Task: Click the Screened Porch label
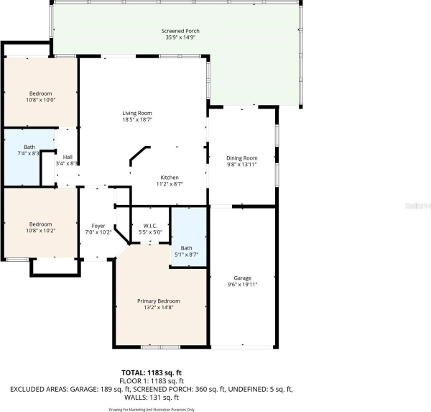point(180,31)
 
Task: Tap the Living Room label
point(136,113)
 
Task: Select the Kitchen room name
point(170,178)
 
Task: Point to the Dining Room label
point(241,158)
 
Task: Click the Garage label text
point(241,278)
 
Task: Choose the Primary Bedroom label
point(159,301)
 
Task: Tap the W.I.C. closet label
point(150,225)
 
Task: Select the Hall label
point(68,157)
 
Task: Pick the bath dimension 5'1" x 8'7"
point(186,255)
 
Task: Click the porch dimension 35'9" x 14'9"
point(180,38)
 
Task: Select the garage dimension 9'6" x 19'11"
point(241,285)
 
